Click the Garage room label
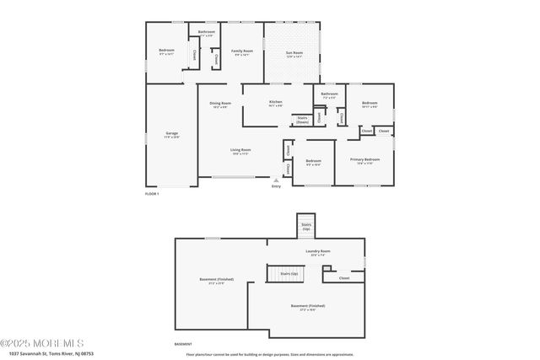coord(171,134)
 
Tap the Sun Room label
coord(293,53)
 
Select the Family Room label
coord(242,51)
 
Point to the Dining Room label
coord(219,105)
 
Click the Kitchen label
coord(275,104)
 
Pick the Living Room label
coord(240,151)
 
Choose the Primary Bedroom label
coord(365,160)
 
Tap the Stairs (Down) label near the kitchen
coord(302,120)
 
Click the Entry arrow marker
coord(276,179)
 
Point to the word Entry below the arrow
coord(276,185)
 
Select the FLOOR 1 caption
coord(152,194)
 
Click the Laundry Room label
coord(317,252)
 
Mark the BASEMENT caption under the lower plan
coord(182,344)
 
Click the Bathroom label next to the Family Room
coord(207,33)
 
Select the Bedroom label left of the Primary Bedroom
coord(313,161)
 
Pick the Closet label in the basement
coord(344,277)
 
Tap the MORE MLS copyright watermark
coord(42,343)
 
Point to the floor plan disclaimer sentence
coord(275,354)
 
